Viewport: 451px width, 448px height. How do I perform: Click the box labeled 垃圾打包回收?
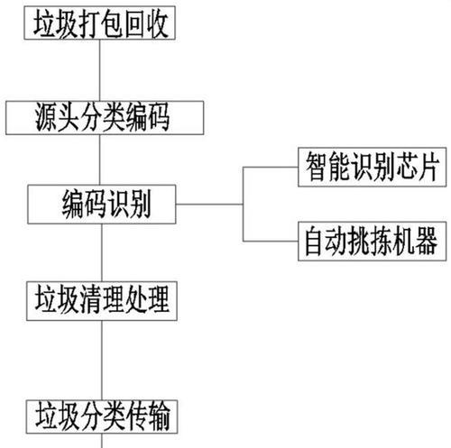pyautogui.click(x=100, y=23)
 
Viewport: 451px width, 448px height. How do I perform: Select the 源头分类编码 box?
pyautogui.click(x=105, y=118)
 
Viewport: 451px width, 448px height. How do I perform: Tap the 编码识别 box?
pyautogui.click(x=102, y=205)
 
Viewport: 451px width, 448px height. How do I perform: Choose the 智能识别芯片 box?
pyautogui.click(x=373, y=167)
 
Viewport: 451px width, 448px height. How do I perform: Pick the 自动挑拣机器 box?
pyautogui.click(x=373, y=242)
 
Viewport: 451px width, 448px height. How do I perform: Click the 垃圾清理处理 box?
pyautogui.click(x=102, y=301)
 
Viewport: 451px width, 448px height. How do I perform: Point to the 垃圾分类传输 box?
pyautogui.click(x=102, y=416)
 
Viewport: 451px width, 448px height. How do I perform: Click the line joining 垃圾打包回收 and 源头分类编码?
pyautogui.click(x=100, y=70)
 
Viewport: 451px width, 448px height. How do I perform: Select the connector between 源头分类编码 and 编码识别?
pyautogui.click(x=100, y=160)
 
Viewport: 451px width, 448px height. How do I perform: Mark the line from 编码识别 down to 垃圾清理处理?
pyautogui.click(x=102, y=252)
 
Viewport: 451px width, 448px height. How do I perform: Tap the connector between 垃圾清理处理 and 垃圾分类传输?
pyautogui.click(x=102, y=361)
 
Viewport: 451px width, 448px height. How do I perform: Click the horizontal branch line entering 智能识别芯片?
pyautogui.click(x=271, y=167)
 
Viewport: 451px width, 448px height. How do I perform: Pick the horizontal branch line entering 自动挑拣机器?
pyautogui.click(x=271, y=242)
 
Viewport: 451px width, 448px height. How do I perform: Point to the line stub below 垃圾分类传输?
pyautogui.click(x=102, y=441)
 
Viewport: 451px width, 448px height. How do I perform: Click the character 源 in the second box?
pyautogui.click(x=46, y=117)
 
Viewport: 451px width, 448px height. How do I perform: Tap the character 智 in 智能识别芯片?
pyautogui.click(x=317, y=167)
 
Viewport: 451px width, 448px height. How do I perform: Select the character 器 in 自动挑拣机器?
pyautogui.click(x=427, y=241)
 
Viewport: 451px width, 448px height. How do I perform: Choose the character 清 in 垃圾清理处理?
pyautogui.click(x=91, y=300)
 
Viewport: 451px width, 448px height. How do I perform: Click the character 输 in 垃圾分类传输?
pyautogui.click(x=159, y=416)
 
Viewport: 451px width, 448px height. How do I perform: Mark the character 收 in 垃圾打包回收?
pyautogui.click(x=158, y=23)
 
